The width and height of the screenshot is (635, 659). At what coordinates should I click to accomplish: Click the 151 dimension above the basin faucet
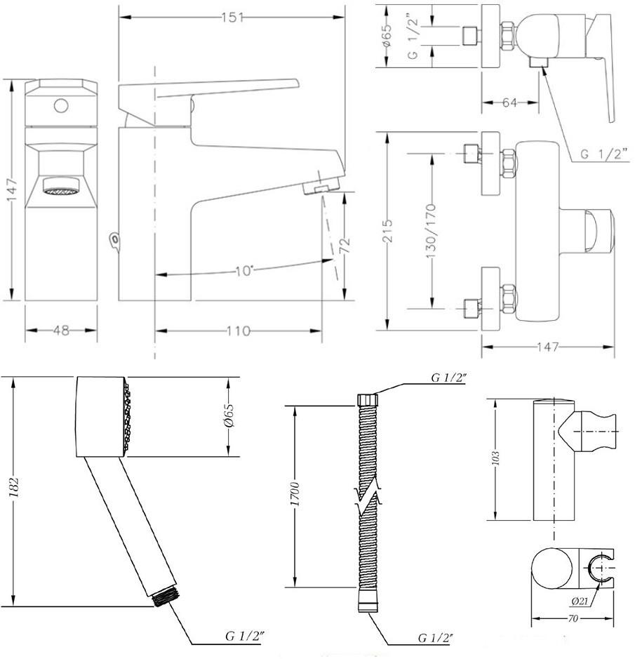(232, 18)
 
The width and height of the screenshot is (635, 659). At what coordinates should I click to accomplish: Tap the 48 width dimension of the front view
(61, 331)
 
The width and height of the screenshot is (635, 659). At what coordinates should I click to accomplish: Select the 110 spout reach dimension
(239, 331)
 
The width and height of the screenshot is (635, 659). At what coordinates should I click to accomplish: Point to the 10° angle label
(244, 270)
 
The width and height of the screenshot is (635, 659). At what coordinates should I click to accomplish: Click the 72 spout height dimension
(345, 245)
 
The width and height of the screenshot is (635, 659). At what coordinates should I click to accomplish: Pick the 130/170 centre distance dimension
(432, 231)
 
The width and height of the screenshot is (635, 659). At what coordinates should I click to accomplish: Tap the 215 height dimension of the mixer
(387, 231)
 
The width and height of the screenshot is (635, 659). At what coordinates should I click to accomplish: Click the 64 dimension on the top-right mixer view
(509, 102)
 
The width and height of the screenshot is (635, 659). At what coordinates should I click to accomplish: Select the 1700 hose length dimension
(295, 494)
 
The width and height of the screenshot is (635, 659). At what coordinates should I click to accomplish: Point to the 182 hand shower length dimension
(14, 488)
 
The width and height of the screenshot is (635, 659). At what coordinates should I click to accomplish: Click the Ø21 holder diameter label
(580, 601)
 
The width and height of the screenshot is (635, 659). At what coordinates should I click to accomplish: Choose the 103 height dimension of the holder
(495, 458)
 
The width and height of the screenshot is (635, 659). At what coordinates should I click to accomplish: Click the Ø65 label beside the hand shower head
(229, 415)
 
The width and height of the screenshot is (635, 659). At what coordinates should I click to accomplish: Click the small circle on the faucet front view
(61, 105)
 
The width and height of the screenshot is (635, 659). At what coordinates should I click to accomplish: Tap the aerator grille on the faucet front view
(61, 191)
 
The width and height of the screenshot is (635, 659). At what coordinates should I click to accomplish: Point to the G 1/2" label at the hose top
(449, 378)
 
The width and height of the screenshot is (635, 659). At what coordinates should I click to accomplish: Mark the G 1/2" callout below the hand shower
(245, 636)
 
